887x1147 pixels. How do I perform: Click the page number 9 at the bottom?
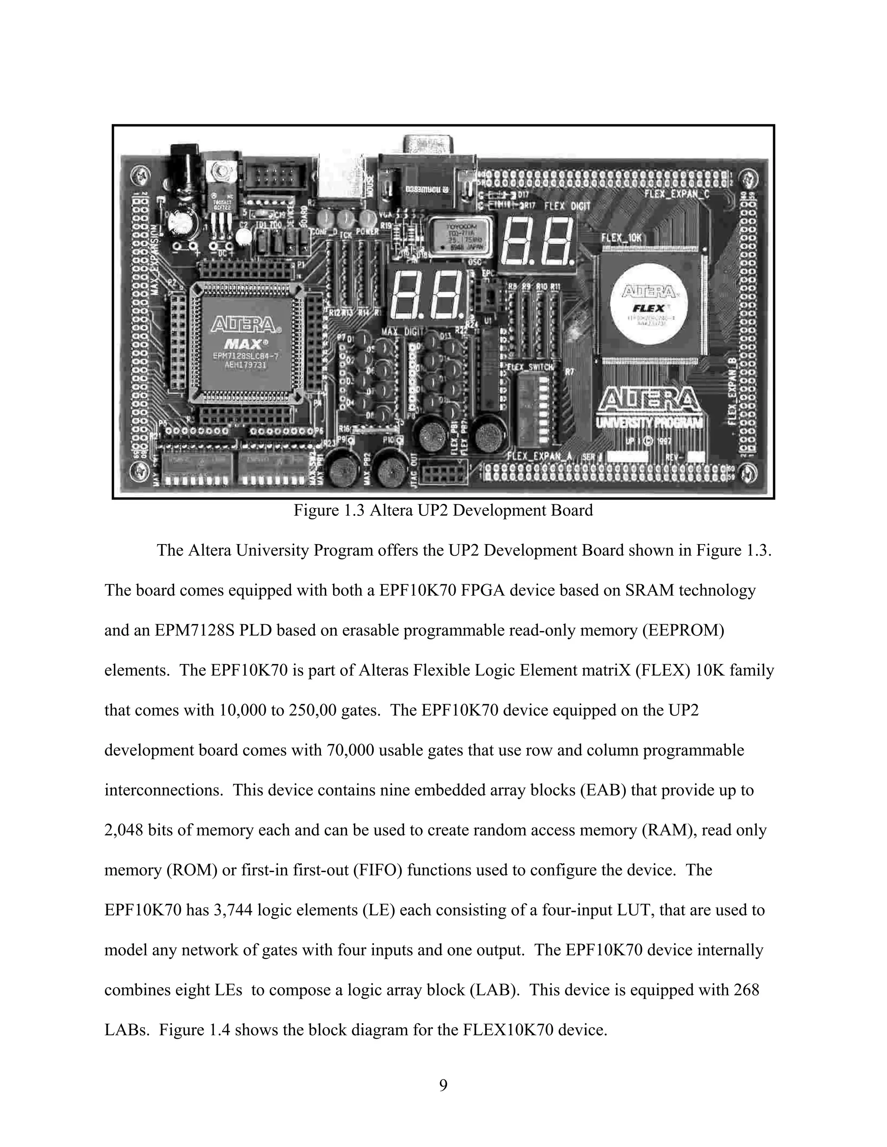tap(443, 1085)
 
